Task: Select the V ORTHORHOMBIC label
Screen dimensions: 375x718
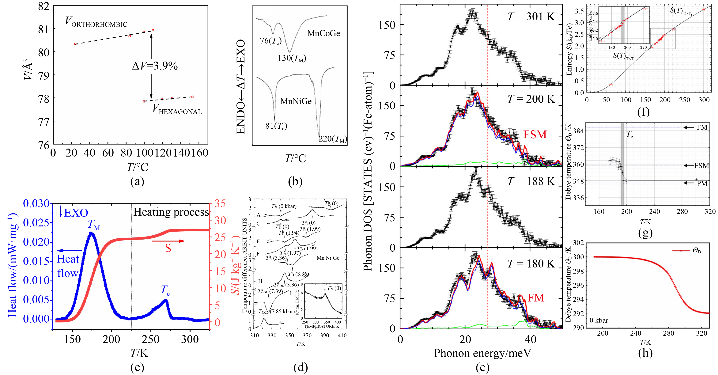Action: click(x=96, y=22)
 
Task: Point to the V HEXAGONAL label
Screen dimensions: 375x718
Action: click(x=177, y=109)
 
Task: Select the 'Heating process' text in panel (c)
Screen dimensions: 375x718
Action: click(x=171, y=212)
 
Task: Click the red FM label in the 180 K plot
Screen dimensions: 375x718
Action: click(x=536, y=298)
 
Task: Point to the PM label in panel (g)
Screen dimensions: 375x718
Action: click(x=702, y=184)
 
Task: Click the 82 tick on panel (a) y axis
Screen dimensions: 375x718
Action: click(x=43, y=6)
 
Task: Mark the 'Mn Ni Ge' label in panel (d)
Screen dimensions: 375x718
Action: click(x=328, y=258)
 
